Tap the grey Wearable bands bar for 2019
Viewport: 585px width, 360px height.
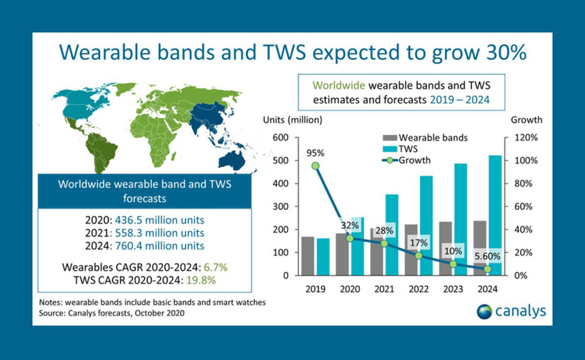pos(308,256)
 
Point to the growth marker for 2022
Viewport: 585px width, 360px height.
pos(419,256)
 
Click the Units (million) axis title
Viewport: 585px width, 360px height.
pos(294,119)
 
